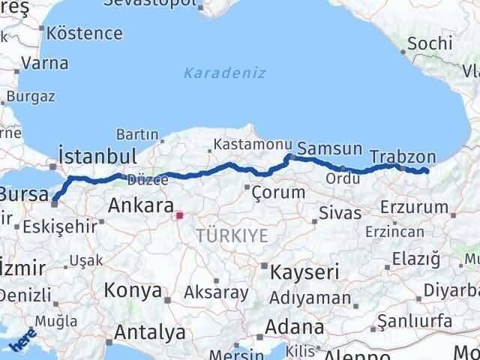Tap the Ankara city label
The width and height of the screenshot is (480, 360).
tap(140, 205)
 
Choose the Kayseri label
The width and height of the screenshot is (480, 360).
tap(305, 271)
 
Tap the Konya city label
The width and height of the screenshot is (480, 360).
tap(133, 290)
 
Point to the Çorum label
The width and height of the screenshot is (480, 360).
tap(279, 192)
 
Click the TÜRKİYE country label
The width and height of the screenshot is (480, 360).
tap(231, 236)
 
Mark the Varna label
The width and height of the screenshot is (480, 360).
tap(45, 62)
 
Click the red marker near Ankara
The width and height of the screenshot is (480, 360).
tap(178, 216)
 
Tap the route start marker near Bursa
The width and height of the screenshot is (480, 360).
tap(54, 201)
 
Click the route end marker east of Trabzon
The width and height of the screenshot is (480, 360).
tap(426, 172)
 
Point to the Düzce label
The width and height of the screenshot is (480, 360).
tap(142, 180)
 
